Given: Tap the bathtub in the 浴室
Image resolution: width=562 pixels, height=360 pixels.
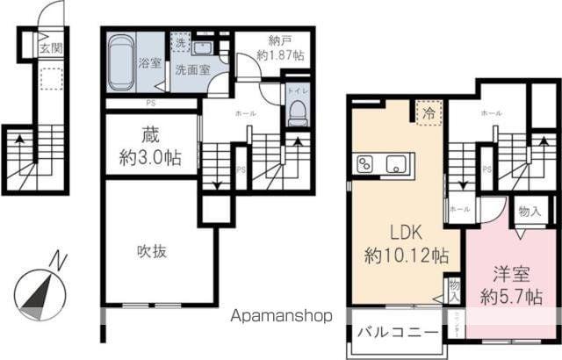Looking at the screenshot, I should pyautogui.click(x=120, y=61).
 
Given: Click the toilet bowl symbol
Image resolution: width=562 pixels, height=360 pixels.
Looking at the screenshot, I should pyautogui.click(x=297, y=111).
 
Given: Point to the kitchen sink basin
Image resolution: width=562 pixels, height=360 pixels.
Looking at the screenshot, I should pyautogui.click(x=397, y=163).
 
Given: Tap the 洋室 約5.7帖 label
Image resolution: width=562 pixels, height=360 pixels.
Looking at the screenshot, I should pyautogui.click(x=509, y=284).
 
